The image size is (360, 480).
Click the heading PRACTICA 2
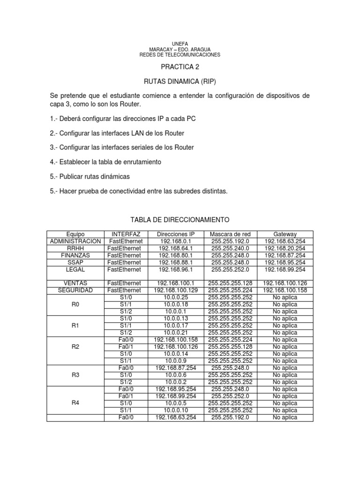[180, 67]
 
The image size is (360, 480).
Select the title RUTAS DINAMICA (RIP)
[180, 81]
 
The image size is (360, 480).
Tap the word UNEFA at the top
[180, 44]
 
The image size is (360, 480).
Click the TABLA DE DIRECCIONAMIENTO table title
[180, 219]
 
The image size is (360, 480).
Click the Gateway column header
[285, 234]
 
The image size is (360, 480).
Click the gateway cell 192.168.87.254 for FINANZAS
[285, 255]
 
